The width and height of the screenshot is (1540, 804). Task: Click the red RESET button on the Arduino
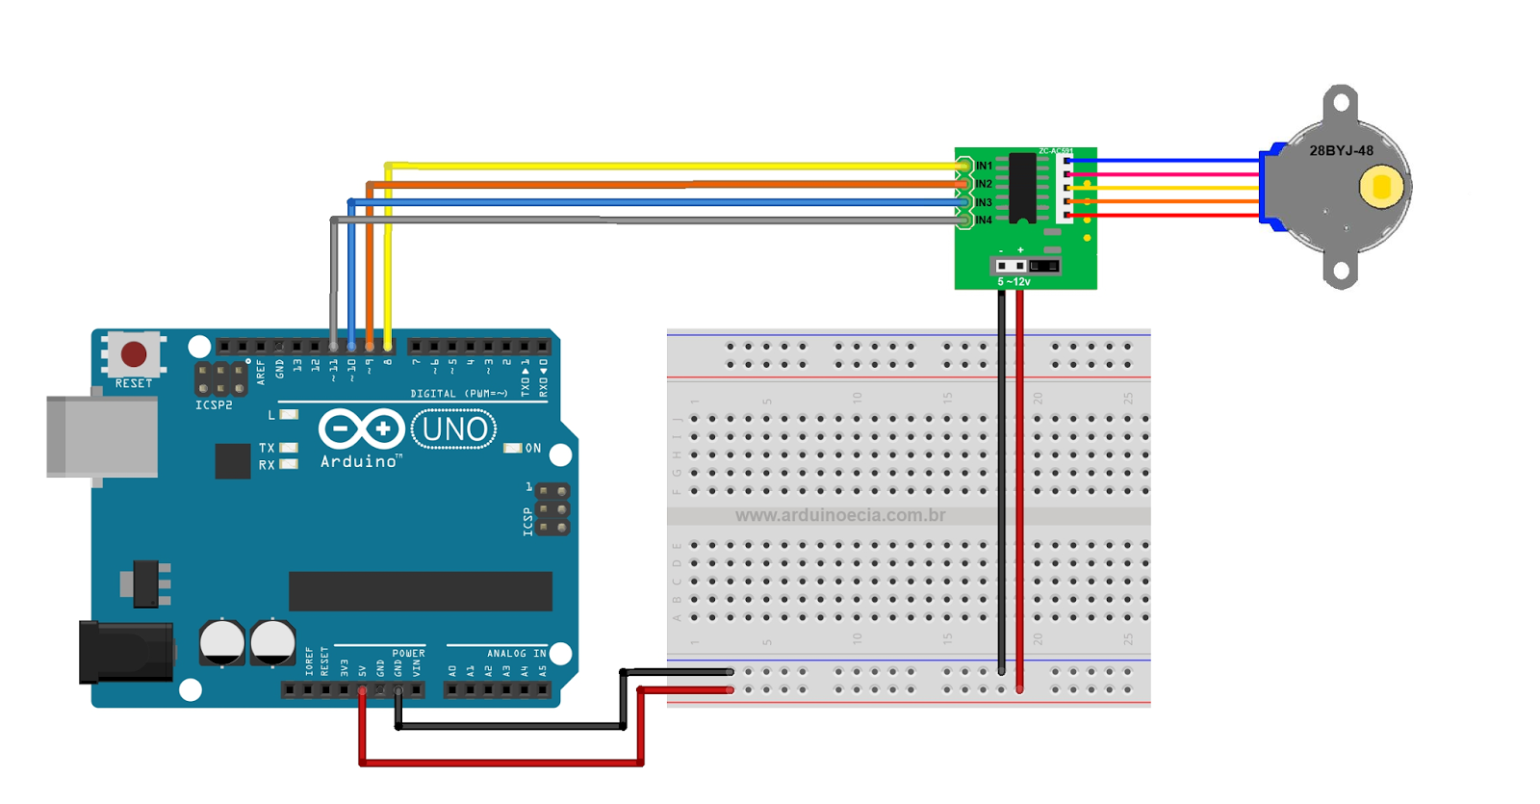[x=134, y=354]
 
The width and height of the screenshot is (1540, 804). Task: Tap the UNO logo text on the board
[x=454, y=429]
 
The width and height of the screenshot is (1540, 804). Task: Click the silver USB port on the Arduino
[x=103, y=436]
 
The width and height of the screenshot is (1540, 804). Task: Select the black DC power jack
[x=126, y=653]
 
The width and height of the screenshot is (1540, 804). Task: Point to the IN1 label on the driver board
[x=984, y=166]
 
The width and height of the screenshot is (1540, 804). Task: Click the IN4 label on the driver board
[x=984, y=220]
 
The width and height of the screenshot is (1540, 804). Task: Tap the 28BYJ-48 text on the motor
[x=1341, y=151]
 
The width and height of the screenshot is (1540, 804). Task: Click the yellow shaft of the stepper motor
[x=1381, y=187]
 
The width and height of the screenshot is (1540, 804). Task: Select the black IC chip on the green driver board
[x=1022, y=188]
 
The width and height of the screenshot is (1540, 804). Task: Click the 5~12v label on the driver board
[x=1014, y=282]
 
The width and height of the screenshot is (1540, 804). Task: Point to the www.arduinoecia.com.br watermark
[x=839, y=516]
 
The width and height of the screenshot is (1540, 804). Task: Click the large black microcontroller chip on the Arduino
[x=421, y=591]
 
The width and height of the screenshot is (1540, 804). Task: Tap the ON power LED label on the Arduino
[x=532, y=449]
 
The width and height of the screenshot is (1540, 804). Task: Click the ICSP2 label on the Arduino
[x=214, y=405]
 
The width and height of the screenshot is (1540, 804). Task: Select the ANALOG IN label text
[x=516, y=654]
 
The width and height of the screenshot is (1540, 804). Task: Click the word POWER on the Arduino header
[x=408, y=654]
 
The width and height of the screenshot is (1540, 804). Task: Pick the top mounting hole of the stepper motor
[x=1341, y=100]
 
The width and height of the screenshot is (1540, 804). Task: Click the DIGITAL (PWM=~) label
[x=458, y=394]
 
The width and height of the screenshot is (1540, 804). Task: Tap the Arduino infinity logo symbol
[x=361, y=428]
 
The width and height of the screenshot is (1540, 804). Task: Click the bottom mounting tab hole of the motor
[x=1341, y=272]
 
